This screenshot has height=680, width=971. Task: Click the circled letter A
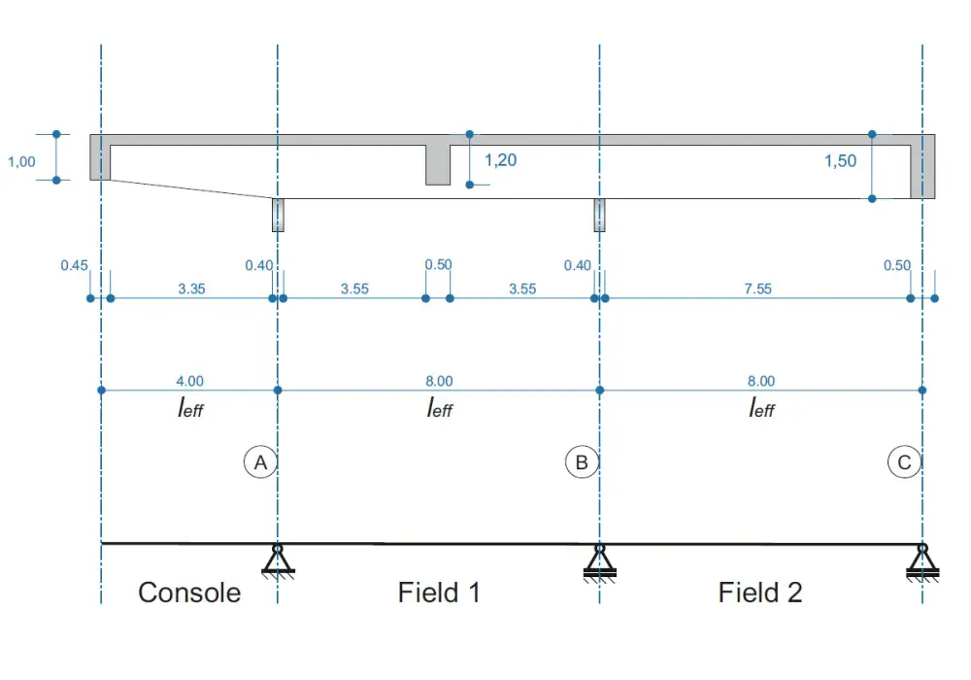coord(260,462)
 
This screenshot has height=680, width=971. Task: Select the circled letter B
coord(582,462)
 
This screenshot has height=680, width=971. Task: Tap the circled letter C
coord(904,462)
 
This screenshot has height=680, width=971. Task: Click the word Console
coord(189,593)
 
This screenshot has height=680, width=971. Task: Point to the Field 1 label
coord(439,593)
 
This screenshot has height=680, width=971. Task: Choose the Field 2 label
coord(760,593)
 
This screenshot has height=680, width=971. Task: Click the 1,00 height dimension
coord(21,162)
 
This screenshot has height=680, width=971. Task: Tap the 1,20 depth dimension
coord(500,160)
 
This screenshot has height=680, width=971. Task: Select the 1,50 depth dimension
coord(840,161)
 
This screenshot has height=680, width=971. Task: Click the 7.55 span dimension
coord(758,289)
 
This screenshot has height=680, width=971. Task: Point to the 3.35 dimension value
coord(191,289)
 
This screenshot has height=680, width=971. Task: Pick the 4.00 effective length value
coord(189,381)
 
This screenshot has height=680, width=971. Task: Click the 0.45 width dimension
coord(75,265)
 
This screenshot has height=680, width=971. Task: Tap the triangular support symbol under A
coord(278,561)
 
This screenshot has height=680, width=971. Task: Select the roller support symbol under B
coord(599,563)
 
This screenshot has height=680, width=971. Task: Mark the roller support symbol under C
coord(922,563)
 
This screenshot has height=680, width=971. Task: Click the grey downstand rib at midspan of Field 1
coord(438,165)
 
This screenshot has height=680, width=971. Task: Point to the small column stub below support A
coord(278,215)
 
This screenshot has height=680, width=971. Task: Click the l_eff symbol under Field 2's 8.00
coord(761,408)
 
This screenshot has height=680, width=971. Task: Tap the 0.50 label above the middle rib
coord(439,264)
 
